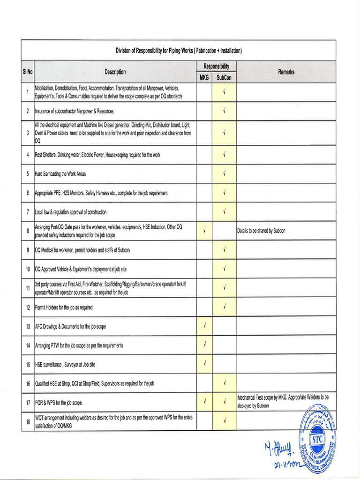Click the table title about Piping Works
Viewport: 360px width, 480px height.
(x=179, y=51)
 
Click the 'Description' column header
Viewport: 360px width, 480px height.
(x=115, y=72)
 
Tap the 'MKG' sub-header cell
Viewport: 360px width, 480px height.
(x=204, y=78)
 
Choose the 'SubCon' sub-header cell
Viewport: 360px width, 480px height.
(x=224, y=78)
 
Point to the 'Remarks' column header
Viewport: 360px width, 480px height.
(x=286, y=72)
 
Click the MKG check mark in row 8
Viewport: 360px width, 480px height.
(x=205, y=230)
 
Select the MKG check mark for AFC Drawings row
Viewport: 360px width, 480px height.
(x=205, y=325)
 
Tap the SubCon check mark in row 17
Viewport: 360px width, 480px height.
(x=225, y=402)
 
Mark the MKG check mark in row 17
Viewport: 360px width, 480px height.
(x=205, y=402)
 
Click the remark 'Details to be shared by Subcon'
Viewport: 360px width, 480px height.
(x=262, y=231)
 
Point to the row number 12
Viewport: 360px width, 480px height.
(x=28, y=307)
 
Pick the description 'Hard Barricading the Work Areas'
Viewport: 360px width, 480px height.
(x=60, y=174)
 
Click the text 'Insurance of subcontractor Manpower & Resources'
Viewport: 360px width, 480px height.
(x=75, y=111)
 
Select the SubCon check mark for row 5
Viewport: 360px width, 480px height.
(x=225, y=173)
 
